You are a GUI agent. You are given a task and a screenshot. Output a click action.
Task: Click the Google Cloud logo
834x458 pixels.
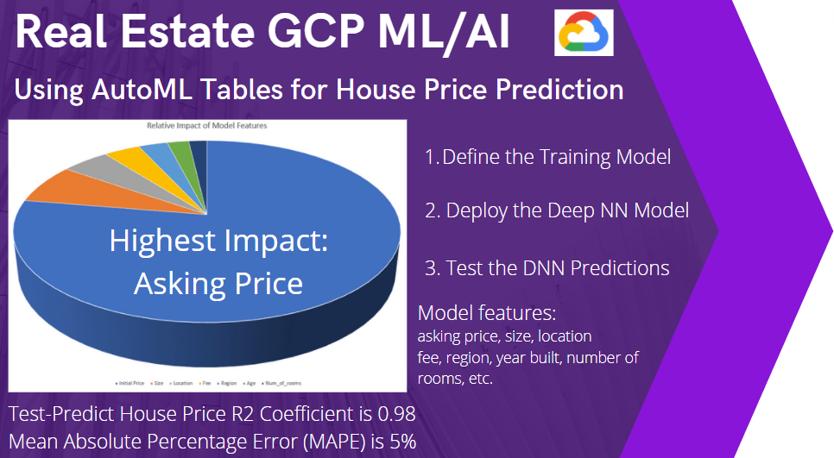[584, 34]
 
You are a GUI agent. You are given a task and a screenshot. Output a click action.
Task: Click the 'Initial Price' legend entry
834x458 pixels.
[131, 381]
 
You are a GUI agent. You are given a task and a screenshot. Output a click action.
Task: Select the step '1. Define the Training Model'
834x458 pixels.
[547, 157]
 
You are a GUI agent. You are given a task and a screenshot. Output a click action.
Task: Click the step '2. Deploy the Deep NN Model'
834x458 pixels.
[556, 210]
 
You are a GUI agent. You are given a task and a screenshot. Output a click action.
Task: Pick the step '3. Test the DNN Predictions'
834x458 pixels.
[547, 267]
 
